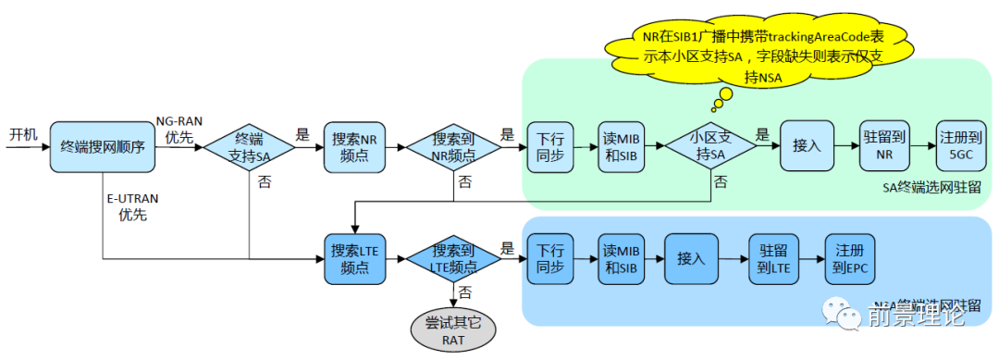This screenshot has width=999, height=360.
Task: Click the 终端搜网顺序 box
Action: tap(101, 146)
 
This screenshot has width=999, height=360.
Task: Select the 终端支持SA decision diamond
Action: tap(248, 146)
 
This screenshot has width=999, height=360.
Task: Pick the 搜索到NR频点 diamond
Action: tap(454, 146)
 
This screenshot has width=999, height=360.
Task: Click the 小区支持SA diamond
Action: tap(711, 146)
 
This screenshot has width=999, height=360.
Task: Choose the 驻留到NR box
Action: tap(883, 146)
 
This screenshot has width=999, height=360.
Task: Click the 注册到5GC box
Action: tap(958, 146)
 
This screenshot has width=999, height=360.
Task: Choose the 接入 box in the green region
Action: tap(807, 146)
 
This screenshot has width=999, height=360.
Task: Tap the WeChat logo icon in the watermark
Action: tap(845, 315)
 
